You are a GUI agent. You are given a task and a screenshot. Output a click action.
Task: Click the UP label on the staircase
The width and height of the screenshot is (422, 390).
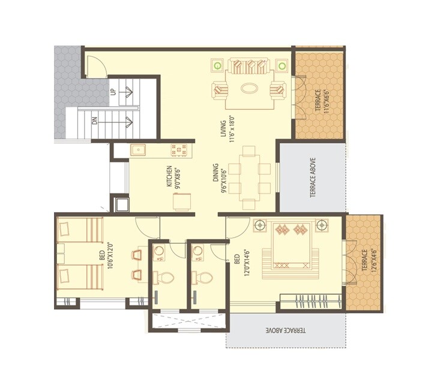pyautogui.click(x=113, y=92)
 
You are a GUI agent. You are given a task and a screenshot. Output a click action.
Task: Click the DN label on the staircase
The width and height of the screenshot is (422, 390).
pyautogui.click(x=94, y=121)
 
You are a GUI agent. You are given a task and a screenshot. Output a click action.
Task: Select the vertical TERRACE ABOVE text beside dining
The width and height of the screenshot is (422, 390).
pyautogui.click(x=312, y=178)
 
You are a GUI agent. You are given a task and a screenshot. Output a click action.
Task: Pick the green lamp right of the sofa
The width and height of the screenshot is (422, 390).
pyautogui.click(x=282, y=64)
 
